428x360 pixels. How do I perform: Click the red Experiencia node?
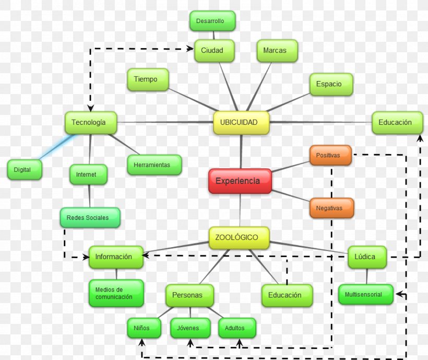click(240, 181)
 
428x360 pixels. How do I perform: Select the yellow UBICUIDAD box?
click(241, 122)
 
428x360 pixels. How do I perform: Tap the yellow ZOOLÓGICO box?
click(239, 238)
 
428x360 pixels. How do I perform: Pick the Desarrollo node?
click(212, 21)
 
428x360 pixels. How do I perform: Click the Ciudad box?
click(215, 51)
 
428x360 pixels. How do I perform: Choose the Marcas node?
click(277, 51)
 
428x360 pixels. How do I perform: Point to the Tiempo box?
click(148, 79)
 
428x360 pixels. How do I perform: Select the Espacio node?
click(331, 84)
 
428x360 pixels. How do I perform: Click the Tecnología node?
click(91, 123)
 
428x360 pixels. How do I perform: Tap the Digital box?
click(25, 170)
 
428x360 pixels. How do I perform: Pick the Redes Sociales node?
click(90, 218)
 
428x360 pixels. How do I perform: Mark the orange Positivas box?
click(330, 155)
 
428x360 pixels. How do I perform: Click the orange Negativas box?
click(331, 208)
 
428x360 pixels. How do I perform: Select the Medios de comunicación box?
click(116, 293)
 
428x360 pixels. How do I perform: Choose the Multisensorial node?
click(366, 295)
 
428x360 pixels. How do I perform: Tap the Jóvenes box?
click(191, 328)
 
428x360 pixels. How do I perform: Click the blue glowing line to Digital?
click(56, 147)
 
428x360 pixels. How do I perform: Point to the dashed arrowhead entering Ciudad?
click(190, 49)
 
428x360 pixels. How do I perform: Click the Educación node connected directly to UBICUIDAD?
click(397, 123)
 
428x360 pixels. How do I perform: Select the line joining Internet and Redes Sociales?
click(89, 196)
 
